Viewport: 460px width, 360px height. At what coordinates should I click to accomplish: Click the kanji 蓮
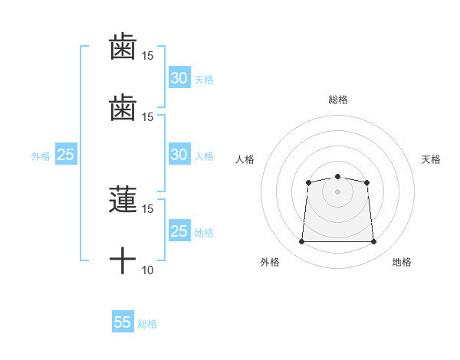(x=123, y=199)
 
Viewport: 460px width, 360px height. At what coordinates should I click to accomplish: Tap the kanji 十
(x=123, y=260)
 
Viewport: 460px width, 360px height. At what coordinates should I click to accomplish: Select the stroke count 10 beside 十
(x=147, y=270)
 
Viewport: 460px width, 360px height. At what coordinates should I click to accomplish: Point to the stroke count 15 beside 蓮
(x=147, y=209)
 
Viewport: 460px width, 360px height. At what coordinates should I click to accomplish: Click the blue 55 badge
(x=123, y=321)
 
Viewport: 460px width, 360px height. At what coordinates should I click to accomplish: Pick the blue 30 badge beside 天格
(x=179, y=77)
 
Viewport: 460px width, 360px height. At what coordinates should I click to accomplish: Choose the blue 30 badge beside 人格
(x=179, y=154)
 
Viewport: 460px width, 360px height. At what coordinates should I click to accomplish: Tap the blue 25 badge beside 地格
(x=179, y=230)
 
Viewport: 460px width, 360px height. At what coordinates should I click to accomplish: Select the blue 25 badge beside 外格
(x=66, y=154)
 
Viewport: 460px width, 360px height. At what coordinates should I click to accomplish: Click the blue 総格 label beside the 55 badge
(x=147, y=324)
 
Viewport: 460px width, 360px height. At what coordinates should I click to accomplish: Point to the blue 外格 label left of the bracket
(x=41, y=156)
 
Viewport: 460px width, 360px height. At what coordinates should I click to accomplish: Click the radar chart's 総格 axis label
(x=338, y=100)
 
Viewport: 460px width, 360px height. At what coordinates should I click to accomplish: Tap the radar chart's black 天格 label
(x=431, y=159)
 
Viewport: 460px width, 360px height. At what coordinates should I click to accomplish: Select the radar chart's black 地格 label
(x=402, y=262)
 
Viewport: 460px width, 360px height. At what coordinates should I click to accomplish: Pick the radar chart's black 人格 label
(x=245, y=159)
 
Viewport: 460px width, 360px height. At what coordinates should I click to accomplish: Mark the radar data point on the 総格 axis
(x=337, y=176)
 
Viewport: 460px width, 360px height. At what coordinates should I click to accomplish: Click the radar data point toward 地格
(x=373, y=241)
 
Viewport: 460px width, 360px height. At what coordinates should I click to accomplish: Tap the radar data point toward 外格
(x=301, y=241)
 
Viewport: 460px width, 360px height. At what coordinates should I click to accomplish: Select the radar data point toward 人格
(x=308, y=182)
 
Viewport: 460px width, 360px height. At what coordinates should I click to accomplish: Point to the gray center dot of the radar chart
(x=337, y=191)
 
